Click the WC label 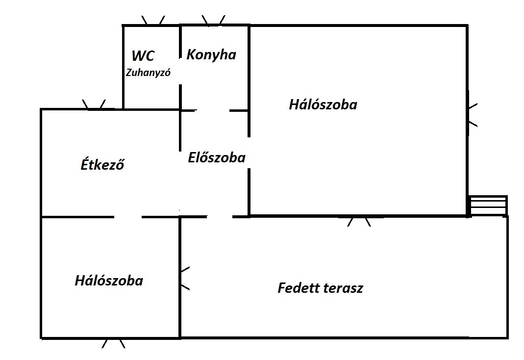[x=143, y=55]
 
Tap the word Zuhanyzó [x=148, y=73]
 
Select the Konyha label [x=211, y=54]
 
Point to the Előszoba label [x=217, y=158]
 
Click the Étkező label [x=102, y=165]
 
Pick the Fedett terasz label [x=320, y=288]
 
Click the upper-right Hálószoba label [x=323, y=104]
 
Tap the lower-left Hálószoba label [x=109, y=281]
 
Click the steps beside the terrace [x=488, y=206]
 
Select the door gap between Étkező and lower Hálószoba [x=128, y=216]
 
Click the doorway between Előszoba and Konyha [x=212, y=110]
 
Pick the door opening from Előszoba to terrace [x=219, y=216]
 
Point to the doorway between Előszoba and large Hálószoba [x=249, y=153]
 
